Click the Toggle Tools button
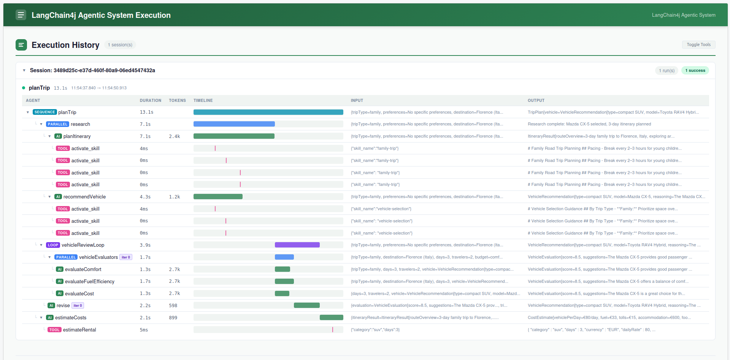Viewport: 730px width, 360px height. click(698, 44)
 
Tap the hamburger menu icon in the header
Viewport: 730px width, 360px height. click(21, 15)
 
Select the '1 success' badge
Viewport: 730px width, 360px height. click(695, 70)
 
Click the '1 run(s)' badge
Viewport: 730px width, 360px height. click(667, 70)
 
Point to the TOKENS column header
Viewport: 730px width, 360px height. click(178, 100)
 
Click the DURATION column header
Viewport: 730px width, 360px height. click(151, 100)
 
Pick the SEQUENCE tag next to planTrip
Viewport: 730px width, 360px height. click(45, 112)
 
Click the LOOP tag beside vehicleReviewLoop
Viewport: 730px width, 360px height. click(53, 245)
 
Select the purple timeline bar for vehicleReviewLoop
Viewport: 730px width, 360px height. click(297, 245)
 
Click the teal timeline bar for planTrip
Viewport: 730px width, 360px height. click(268, 112)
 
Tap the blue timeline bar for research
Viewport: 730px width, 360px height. click(234, 124)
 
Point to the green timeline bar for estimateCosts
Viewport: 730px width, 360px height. click(332, 317)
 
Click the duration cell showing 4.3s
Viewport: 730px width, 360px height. click(145, 197)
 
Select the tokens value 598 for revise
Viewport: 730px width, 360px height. click(173, 306)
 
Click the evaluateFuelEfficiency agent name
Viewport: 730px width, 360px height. click(90, 281)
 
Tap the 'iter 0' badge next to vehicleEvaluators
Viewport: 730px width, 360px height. click(126, 257)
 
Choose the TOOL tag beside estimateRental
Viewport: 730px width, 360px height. click(54, 330)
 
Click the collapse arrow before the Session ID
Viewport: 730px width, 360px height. click(24, 70)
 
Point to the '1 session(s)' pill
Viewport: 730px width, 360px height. click(120, 45)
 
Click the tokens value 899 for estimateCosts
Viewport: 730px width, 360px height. click(173, 318)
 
